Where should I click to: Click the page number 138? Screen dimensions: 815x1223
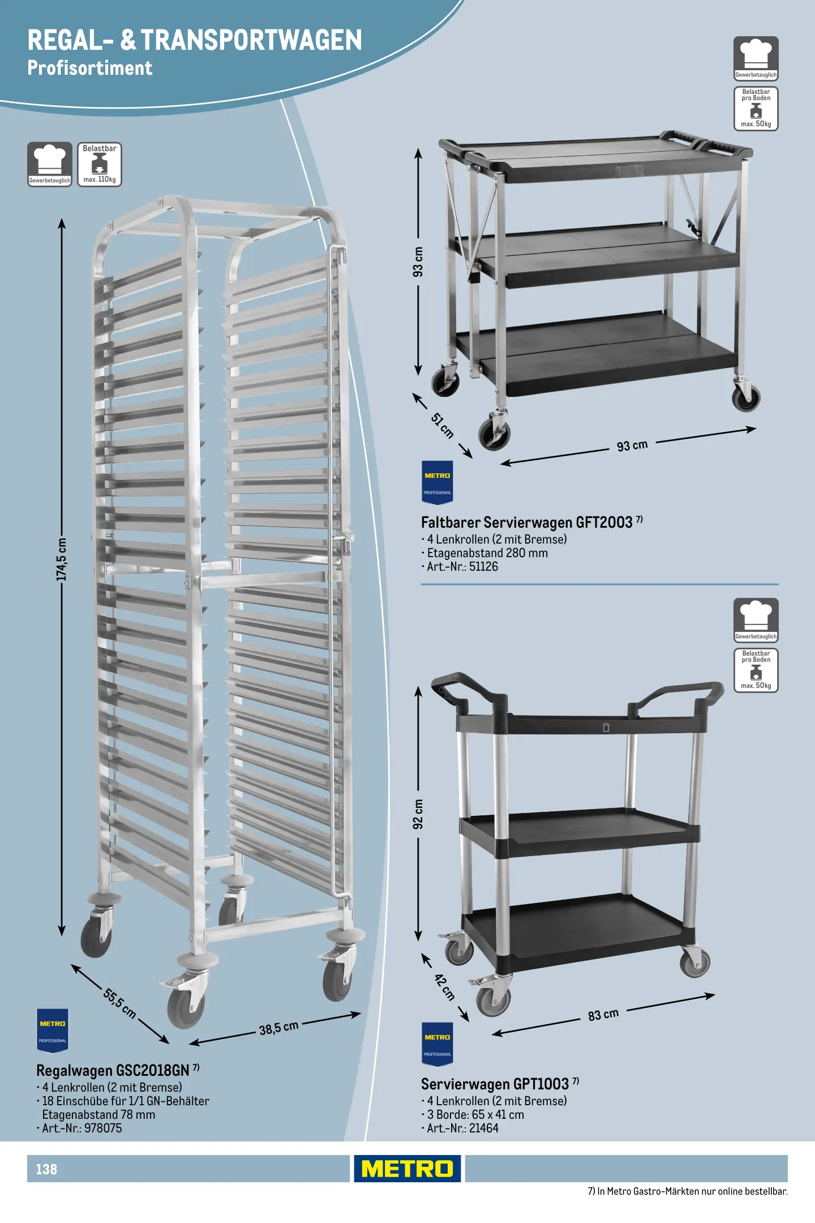pyautogui.click(x=46, y=1169)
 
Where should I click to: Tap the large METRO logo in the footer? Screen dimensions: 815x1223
pyautogui.click(x=407, y=1168)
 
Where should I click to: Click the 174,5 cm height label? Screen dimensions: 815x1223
pyautogui.click(x=62, y=559)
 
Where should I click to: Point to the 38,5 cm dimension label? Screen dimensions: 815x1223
pyautogui.click(x=278, y=1028)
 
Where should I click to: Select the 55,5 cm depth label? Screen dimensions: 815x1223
pyautogui.click(x=120, y=1003)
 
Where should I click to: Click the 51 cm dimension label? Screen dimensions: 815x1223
pyautogui.click(x=443, y=426)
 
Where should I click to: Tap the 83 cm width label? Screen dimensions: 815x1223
pyautogui.click(x=603, y=1014)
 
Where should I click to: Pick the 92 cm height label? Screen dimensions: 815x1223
pyautogui.click(x=418, y=814)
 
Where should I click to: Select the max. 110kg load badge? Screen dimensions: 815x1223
pyautogui.click(x=100, y=164)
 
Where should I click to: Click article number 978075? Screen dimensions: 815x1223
pyautogui.click(x=103, y=1128)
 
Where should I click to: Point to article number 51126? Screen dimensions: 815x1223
pyautogui.click(x=483, y=566)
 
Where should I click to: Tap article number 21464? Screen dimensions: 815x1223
pyautogui.click(x=484, y=1128)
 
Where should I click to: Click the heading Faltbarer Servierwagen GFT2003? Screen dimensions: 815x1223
pyautogui.click(x=527, y=522)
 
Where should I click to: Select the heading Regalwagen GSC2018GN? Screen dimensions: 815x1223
pyautogui.click(x=113, y=1070)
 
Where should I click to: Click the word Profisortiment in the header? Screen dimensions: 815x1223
pyautogui.click(x=90, y=68)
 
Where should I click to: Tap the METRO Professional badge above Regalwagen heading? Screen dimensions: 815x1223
pyautogui.click(x=53, y=1030)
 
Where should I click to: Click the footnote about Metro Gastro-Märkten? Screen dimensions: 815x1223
pyautogui.click(x=688, y=1191)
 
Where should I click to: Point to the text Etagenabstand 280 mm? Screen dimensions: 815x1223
pyautogui.click(x=487, y=553)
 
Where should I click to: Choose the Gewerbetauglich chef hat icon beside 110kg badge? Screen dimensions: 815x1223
pyautogui.click(x=50, y=164)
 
